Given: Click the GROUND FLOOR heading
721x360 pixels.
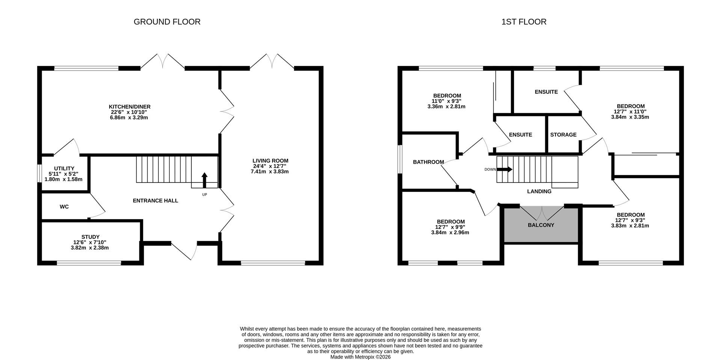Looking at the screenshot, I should click(167, 22).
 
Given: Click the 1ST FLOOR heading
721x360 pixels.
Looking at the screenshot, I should click(524, 22).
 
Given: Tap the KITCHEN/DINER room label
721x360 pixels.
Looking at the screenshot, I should click(130, 107).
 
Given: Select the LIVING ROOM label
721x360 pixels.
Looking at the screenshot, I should click(270, 161).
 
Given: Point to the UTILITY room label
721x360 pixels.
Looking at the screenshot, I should click(64, 169).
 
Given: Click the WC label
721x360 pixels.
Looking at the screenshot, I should click(64, 207).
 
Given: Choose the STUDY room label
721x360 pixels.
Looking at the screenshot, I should click(90, 237).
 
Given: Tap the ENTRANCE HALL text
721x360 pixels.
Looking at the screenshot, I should click(155, 201).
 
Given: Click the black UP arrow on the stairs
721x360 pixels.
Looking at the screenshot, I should click(204, 180).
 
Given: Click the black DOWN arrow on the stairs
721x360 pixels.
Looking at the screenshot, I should click(504, 169).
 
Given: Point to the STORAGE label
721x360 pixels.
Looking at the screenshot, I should click(563, 135).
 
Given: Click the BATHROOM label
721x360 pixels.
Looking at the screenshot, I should click(428, 162).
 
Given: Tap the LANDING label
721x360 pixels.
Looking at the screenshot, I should click(539, 191).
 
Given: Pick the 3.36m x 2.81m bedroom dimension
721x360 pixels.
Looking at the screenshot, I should click(446, 107).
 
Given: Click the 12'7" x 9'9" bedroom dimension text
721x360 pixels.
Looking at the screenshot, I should click(450, 227).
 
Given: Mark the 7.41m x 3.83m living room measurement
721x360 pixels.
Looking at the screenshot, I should click(270, 172).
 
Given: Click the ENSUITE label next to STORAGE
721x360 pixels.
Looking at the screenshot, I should click(520, 135).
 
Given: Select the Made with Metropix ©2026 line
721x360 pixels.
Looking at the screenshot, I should click(360, 357).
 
